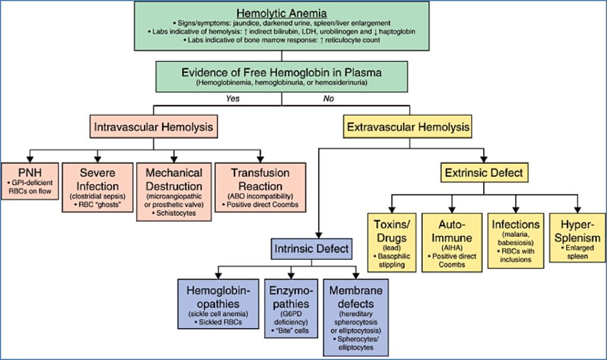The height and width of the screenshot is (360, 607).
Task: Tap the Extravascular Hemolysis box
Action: pyautogui.click(x=408, y=127)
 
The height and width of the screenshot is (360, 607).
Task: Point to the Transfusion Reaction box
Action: pyautogui.click(x=261, y=185)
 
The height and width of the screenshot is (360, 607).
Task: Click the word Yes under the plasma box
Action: pyautogui.click(x=232, y=98)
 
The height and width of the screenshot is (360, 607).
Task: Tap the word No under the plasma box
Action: pyautogui.click(x=328, y=98)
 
